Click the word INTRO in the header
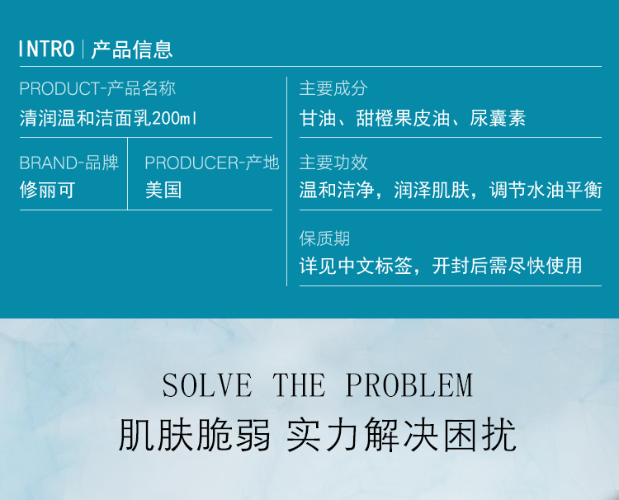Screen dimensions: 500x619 pos(47,49)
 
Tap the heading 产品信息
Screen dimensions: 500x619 pos(132,49)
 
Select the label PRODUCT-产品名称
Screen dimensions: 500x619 pos(97,88)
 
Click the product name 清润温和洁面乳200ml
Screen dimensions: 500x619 pos(109,118)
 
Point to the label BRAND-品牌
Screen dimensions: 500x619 pos(69,163)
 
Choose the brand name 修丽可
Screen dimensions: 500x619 pos(47,191)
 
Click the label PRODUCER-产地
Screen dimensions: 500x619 pos(212,163)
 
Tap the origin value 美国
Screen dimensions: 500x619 pos(163,191)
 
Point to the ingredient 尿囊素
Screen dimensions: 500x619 pos(498,119)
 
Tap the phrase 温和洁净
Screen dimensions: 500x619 pos(333,191)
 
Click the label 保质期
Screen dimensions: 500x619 pos(324,238)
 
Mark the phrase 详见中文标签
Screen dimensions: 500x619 pos(355,266)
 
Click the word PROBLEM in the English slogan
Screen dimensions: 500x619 pos(409,385)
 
